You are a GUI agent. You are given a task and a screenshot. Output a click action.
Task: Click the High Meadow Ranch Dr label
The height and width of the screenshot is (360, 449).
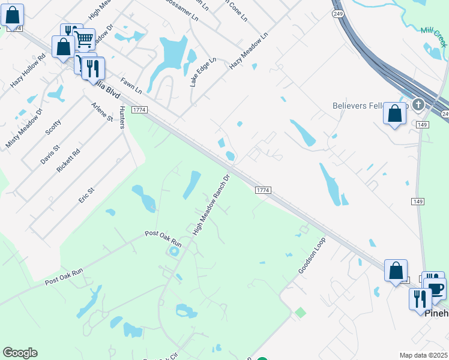tap(211, 205)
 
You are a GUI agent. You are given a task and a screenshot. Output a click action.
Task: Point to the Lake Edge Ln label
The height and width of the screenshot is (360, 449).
tap(202, 73)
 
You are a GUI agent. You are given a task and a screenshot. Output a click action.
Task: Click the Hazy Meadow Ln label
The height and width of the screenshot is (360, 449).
tap(248, 51)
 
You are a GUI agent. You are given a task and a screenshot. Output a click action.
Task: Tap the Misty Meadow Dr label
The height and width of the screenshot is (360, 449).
tap(23, 128)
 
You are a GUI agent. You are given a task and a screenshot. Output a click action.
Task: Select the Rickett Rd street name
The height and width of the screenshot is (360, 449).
tap(68, 161)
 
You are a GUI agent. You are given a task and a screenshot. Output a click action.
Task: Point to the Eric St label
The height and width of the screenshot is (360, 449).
tap(86, 195)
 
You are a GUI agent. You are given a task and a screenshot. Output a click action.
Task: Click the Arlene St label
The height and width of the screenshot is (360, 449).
tap(102, 112)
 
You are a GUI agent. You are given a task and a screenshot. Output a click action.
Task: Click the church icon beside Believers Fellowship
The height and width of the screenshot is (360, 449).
tap(418, 105)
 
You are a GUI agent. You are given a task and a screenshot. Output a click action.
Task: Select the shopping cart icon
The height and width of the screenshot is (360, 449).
tap(84, 40)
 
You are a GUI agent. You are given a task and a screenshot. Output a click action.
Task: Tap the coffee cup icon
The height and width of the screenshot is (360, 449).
tap(436, 288)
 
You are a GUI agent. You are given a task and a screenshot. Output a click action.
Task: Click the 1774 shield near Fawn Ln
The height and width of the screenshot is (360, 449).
tap(139, 110)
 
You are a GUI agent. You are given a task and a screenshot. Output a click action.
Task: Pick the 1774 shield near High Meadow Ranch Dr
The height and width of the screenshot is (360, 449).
tap(263, 190)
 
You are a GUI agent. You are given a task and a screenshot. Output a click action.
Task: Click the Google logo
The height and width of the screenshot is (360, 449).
tap(20, 353)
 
